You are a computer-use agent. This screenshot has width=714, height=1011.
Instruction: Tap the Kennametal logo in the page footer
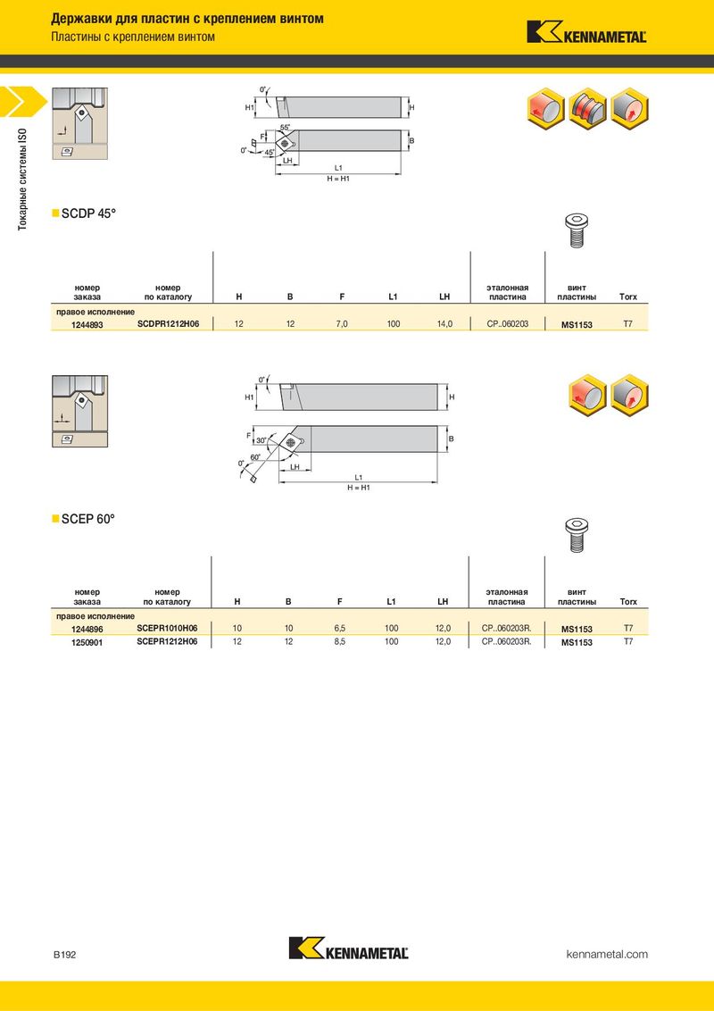pyautogui.click(x=349, y=948)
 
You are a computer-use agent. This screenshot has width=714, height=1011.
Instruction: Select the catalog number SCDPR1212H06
pyautogui.click(x=168, y=324)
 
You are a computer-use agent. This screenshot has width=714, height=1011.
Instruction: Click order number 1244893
pyautogui.click(x=87, y=325)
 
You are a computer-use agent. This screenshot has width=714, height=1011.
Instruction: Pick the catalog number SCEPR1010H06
pyautogui.click(x=167, y=628)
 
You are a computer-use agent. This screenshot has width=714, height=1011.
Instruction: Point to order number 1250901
pyautogui.click(x=87, y=642)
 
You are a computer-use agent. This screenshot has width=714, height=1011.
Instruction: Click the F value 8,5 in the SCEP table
pyautogui.click(x=340, y=641)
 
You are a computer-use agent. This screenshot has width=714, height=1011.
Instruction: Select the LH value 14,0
pyautogui.click(x=444, y=324)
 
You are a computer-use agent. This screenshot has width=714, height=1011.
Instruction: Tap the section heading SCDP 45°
pyautogui.click(x=88, y=213)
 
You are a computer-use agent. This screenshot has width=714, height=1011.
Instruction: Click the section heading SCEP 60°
pyautogui.click(x=87, y=518)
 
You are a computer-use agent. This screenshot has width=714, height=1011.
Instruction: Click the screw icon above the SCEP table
pyautogui.click(x=577, y=535)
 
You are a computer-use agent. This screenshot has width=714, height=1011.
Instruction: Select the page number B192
pyautogui.click(x=64, y=954)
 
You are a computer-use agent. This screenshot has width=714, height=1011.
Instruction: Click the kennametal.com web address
pyautogui.click(x=606, y=954)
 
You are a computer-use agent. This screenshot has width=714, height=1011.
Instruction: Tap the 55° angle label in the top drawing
pyautogui.click(x=285, y=128)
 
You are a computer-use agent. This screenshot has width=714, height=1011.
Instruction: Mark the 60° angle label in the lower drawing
pyautogui.click(x=255, y=457)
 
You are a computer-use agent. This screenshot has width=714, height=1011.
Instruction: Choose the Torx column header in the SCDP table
pyautogui.click(x=627, y=297)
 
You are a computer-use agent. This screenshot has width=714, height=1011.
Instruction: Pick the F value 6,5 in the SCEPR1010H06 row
pyautogui.click(x=340, y=628)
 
